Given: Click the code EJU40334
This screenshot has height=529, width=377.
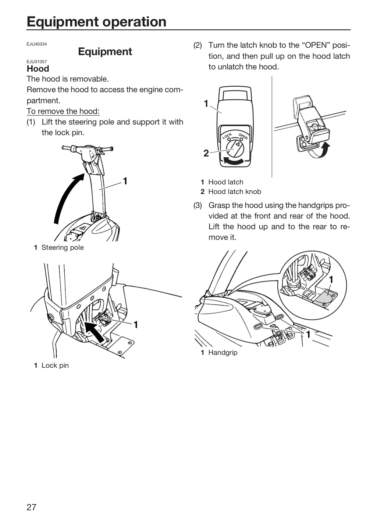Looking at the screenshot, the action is coord(37,44).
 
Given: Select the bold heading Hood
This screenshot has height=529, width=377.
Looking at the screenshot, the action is coord(38,69).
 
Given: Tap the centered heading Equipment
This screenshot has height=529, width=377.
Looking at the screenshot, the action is coord(105,52).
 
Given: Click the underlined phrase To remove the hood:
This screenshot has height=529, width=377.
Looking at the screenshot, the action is coord(63,111).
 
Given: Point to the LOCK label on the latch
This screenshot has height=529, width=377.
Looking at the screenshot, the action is coord(227,136).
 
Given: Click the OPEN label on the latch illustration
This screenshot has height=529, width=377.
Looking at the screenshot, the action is coord(243,137).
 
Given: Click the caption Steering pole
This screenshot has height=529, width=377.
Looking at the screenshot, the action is coord(63,248).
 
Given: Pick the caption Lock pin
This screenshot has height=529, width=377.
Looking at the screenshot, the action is coord(55,365).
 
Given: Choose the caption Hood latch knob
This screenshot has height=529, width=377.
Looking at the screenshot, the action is coord(235,191).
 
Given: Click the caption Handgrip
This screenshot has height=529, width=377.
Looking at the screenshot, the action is coord(223,353).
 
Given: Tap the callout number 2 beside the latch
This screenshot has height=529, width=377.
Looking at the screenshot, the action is coord(206,153).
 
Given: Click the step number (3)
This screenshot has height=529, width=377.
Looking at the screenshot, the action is coord(198,205).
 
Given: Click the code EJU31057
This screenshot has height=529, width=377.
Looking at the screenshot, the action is coord(37,62).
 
